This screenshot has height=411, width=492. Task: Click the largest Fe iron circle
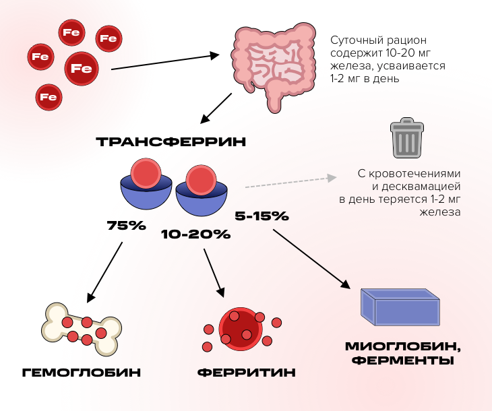(x=82, y=69)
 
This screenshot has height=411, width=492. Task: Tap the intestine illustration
(x=273, y=66)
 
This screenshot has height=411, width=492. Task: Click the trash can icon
(x=407, y=138)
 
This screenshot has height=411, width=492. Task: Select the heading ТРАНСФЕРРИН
(x=171, y=141)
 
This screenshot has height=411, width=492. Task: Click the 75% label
(x=127, y=226)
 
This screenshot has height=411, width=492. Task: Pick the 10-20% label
(x=196, y=234)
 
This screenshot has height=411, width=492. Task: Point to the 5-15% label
(x=262, y=216)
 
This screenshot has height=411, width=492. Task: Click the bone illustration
(x=82, y=329)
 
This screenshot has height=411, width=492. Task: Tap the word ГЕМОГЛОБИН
(x=82, y=373)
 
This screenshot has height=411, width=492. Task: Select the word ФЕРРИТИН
(x=247, y=373)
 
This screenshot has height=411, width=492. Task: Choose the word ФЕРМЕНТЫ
(x=402, y=360)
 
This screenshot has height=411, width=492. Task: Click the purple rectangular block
(x=400, y=307)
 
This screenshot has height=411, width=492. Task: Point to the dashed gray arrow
(x=291, y=183)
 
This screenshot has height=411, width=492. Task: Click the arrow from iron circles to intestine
(x=165, y=62)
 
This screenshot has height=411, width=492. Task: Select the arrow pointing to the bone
(x=104, y=272)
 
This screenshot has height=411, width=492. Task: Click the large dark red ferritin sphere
(x=241, y=329)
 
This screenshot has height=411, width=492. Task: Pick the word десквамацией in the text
(x=417, y=187)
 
